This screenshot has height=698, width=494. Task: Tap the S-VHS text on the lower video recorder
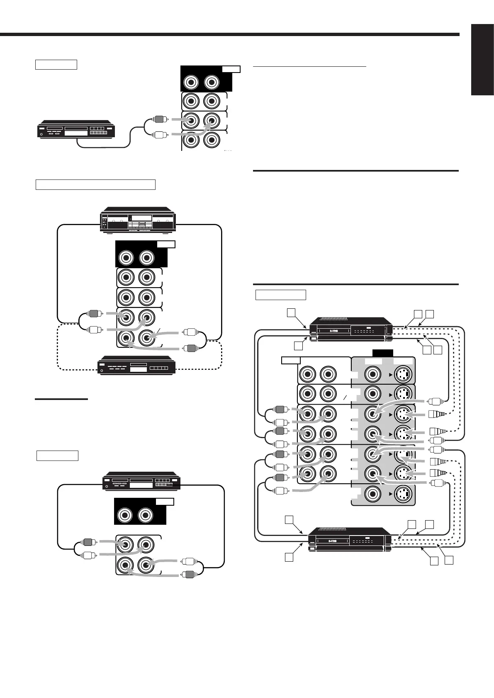[x=332, y=541]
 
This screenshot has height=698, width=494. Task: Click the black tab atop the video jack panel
[x=383, y=353]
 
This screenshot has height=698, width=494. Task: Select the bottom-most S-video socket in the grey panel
[x=404, y=494]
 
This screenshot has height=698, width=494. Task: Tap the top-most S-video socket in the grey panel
[x=404, y=375]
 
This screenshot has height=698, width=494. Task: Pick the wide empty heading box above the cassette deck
[x=95, y=184]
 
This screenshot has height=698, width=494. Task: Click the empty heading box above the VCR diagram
[x=280, y=295]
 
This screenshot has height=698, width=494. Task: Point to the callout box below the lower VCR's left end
[x=289, y=557]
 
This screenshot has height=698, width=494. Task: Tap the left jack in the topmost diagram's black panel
[x=191, y=82]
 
